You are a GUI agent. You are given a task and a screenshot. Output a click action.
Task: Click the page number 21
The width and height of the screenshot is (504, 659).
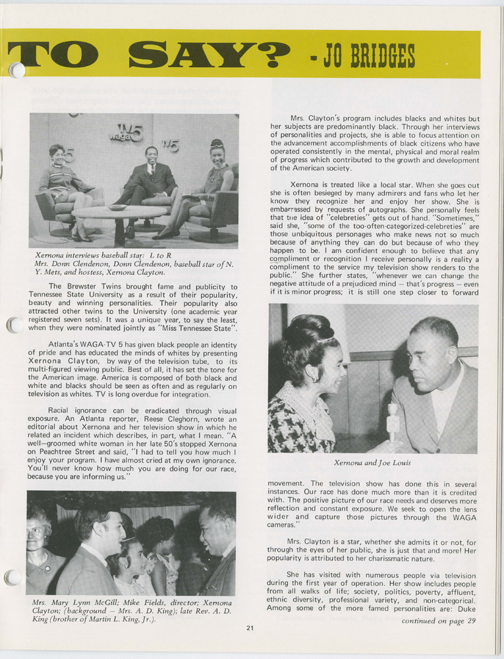coord(250,627)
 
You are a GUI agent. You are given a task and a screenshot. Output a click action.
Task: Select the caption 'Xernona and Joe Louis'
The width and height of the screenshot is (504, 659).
coord(372,463)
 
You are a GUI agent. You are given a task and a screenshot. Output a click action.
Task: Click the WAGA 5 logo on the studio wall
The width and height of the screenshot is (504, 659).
coord(126,134)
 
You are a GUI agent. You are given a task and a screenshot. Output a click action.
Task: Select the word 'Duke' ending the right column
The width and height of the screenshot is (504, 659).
coord(467,608)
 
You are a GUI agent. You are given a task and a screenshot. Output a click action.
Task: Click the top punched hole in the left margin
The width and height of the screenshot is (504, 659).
coord(16,70)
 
